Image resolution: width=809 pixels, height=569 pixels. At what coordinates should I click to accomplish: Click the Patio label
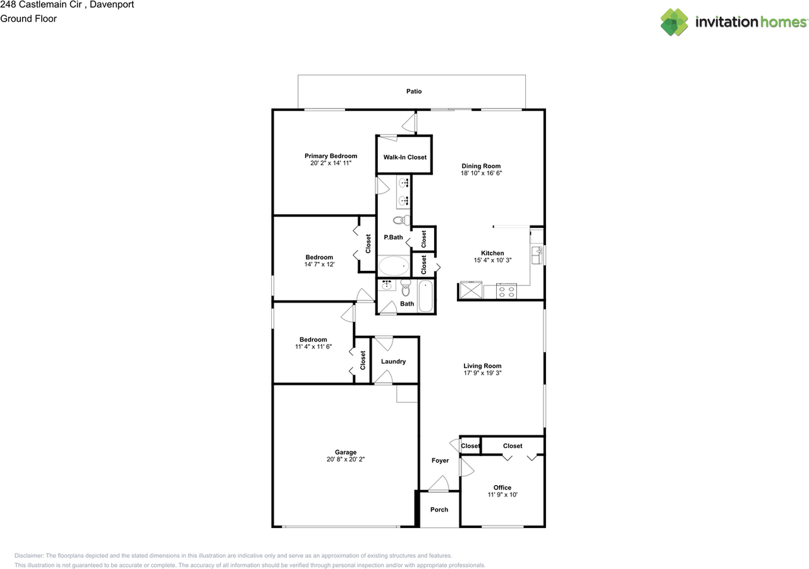tap(414, 92)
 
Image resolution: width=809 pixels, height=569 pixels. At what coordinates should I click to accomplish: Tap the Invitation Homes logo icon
tap(675, 22)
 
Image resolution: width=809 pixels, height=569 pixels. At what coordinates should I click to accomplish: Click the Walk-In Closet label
tap(404, 157)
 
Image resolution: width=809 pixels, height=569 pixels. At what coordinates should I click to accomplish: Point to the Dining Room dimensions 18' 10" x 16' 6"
tap(481, 172)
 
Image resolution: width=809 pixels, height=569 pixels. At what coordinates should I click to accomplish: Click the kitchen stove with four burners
tap(506, 291)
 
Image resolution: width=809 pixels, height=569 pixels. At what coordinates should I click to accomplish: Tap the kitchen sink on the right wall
tap(539, 255)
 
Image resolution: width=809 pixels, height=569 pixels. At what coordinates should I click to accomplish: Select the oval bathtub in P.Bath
tap(394, 266)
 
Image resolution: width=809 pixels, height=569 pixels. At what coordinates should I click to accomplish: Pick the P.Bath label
tap(393, 237)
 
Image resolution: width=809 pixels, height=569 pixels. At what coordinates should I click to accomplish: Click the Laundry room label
tap(393, 362)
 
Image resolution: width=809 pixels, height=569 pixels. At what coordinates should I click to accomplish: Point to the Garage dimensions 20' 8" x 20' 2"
tap(346, 460)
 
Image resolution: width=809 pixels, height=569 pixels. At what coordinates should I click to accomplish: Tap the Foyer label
tap(440, 460)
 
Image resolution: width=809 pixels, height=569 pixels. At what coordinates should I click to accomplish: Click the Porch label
tap(439, 510)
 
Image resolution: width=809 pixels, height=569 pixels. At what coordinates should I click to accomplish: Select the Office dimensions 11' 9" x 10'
tap(502, 495)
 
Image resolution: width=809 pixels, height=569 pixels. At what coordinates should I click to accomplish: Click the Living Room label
tap(482, 366)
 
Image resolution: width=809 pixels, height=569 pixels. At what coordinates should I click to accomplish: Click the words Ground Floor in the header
tap(28, 19)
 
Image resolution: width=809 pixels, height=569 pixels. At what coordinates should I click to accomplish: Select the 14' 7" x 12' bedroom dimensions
tap(319, 265)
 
